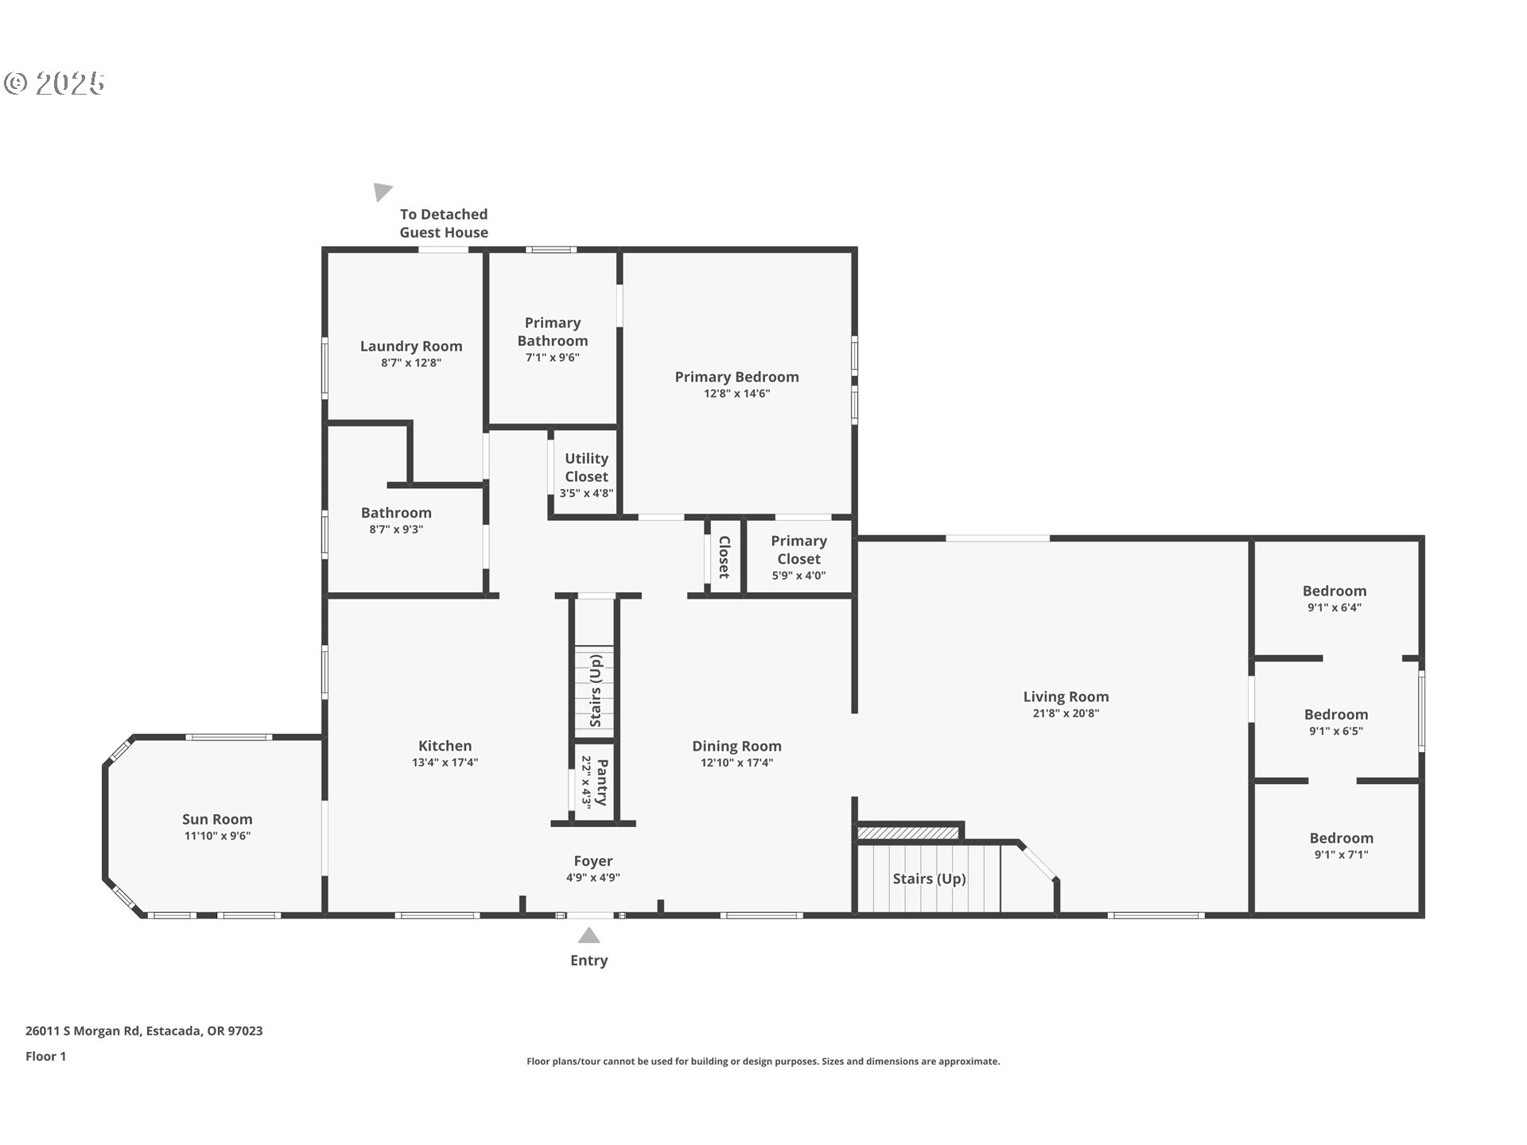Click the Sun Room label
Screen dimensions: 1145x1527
click(x=217, y=819)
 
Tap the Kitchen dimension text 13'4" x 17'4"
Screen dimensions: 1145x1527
click(x=445, y=763)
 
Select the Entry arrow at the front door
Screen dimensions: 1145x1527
click(x=589, y=935)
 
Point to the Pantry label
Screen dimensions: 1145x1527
click(x=602, y=782)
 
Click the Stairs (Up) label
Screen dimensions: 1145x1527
click(x=929, y=879)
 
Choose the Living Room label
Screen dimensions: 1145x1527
click(x=1066, y=697)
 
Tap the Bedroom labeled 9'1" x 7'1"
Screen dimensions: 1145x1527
click(x=1341, y=838)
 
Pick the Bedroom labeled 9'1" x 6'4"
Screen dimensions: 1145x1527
click(x=1334, y=591)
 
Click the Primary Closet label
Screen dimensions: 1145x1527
click(x=798, y=549)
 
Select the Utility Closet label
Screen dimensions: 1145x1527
click(x=586, y=468)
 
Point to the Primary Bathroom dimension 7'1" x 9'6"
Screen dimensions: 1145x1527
click(x=552, y=358)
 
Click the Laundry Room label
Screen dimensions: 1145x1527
click(x=411, y=346)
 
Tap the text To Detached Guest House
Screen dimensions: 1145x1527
click(x=444, y=223)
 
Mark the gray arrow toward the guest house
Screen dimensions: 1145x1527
click(x=383, y=192)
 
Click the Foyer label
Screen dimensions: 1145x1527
click(x=593, y=861)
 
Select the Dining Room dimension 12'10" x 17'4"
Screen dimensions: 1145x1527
click(x=736, y=763)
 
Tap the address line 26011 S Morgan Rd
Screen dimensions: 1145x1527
click(x=144, y=1030)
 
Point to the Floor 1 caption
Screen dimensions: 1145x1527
click(x=45, y=1056)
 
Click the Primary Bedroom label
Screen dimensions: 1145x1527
click(x=736, y=377)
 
